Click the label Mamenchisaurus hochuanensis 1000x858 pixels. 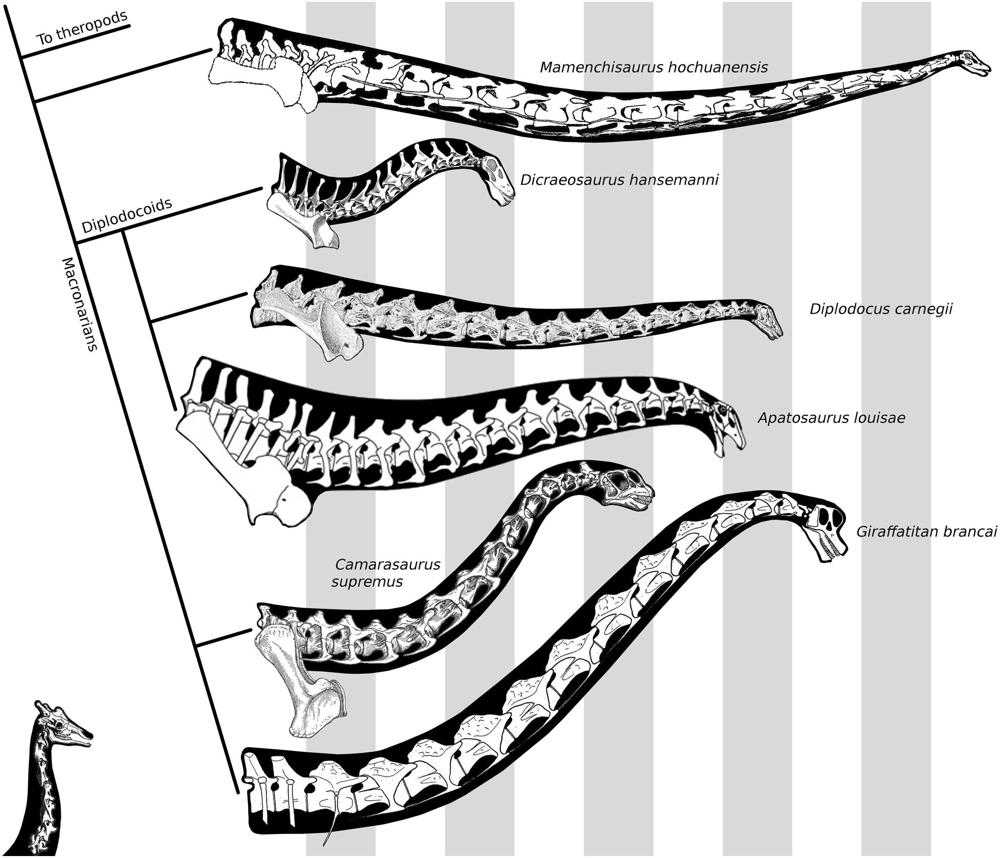tap(653, 67)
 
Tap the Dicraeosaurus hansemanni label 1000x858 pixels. tap(619, 180)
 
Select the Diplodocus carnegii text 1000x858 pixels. tap(881, 309)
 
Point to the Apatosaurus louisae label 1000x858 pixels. tap(831, 417)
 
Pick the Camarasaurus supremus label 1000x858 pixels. tap(385, 573)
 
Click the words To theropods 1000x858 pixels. tap(82, 29)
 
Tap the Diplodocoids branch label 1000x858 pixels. tap(127, 216)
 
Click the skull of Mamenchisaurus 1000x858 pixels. tap(970, 63)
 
